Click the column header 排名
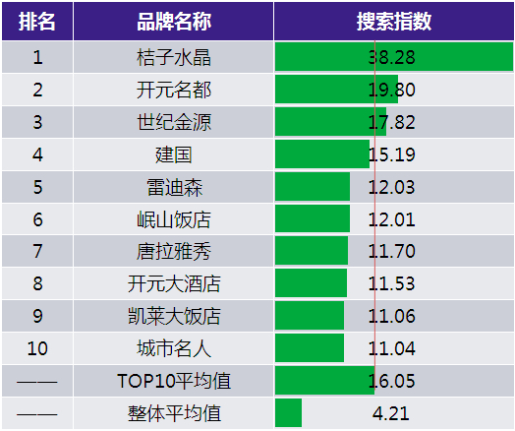pos(36,22)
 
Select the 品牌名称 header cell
pos(174,22)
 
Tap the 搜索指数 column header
pos(394,22)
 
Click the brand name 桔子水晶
pos(174,57)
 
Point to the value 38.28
pos(392,57)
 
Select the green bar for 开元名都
pos(337,90)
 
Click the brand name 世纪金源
pos(174,122)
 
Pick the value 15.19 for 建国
pos(392,154)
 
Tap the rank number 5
pos(37,187)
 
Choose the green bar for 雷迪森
pos(313,186)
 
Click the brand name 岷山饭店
pos(174,219)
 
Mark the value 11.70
pos(392,251)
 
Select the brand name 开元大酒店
pos(174,283)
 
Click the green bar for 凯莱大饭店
pos(310,315)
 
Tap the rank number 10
pos(37,348)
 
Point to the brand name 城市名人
pos(174,348)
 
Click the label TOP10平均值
pos(174,381)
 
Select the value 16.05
pos(392,381)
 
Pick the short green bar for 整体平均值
pos(288,413)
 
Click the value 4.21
pos(391,413)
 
